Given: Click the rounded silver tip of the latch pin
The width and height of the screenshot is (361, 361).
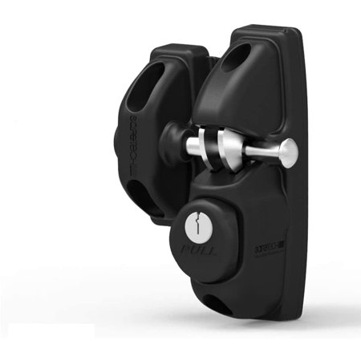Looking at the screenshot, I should (x=288, y=149).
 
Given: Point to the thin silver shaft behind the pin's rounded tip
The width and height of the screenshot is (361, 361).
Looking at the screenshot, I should (x=257, y=151).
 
